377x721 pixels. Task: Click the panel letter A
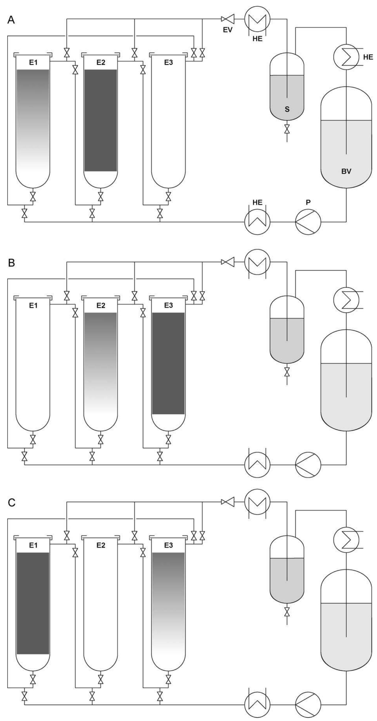(x=11, y=20)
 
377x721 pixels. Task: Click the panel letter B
(x=11, y=263)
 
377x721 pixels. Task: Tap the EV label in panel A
(x=228, y=30)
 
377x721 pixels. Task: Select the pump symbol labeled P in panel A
(x=308, y=222)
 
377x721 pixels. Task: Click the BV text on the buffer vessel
(x=346, y=171)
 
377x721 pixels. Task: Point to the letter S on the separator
(x=287, y=110)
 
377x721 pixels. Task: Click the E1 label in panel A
(x=33, y=63)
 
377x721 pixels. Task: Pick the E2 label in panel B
(x=101, y=306)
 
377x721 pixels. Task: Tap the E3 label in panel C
(x=168, y=545)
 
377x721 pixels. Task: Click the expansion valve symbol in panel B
(x=228, y=262)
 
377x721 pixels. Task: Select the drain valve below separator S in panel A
(x=287, y=129)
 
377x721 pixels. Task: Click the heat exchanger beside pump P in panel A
(x=257, y=222)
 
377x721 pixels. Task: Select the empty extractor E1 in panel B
(x=33, y=364)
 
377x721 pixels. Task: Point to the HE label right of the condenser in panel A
(x=368, y=57)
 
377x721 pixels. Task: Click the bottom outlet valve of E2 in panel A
(x=101, y=197)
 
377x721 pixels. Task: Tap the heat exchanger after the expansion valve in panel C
(x=257, y=502)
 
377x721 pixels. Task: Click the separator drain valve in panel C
(x=287, y=612)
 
